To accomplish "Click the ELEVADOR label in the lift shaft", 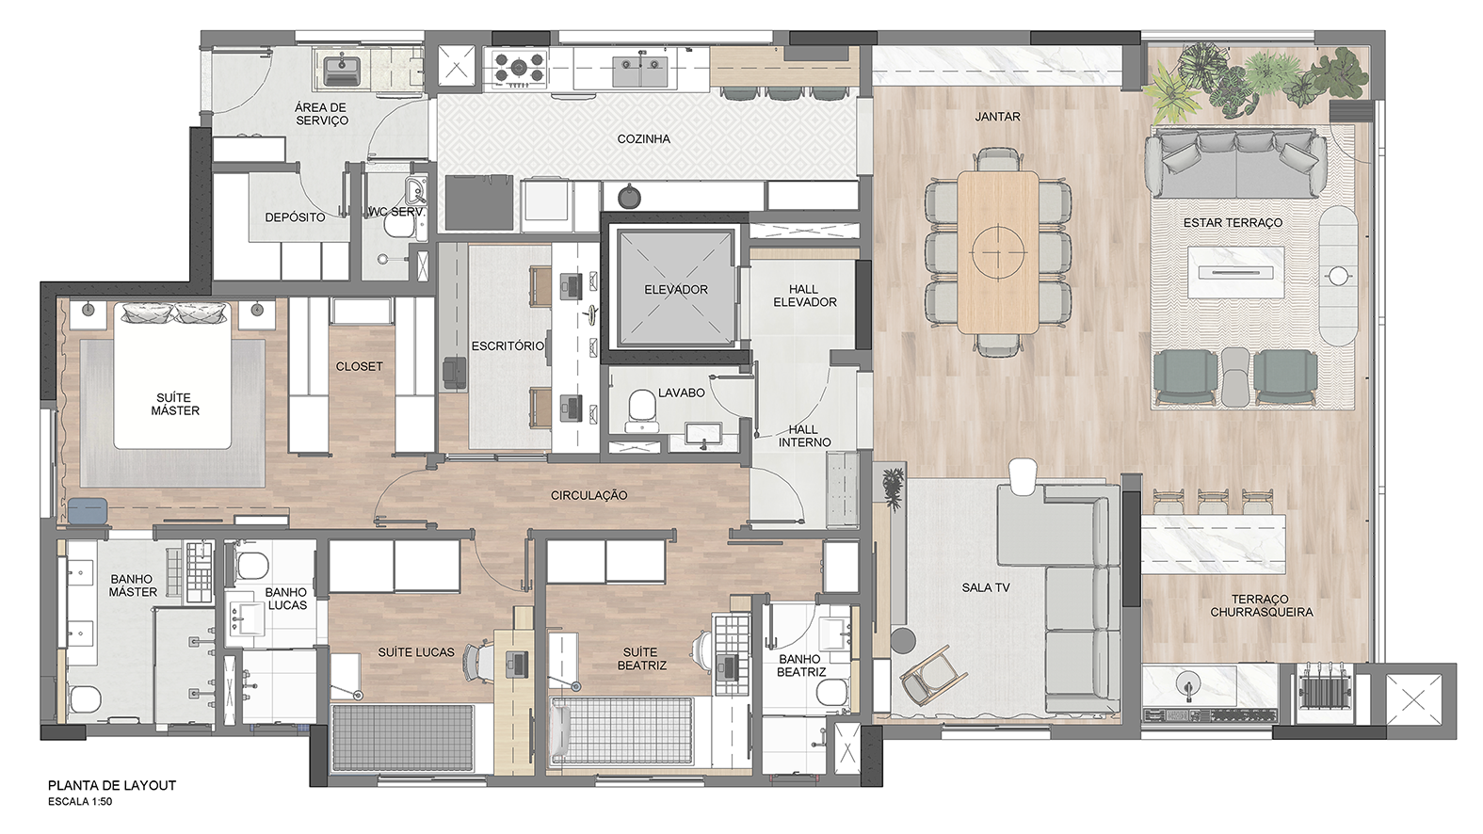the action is [675, 289].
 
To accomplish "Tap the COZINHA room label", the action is [643, 139].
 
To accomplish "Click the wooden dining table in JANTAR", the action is [998, 252].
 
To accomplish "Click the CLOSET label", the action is [359, 366].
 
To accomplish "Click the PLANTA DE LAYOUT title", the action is [112, 786].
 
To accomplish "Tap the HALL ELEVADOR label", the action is [804, 296].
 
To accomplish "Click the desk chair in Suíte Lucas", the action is [479, 662].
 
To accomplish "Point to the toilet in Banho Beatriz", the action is [833, 692].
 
